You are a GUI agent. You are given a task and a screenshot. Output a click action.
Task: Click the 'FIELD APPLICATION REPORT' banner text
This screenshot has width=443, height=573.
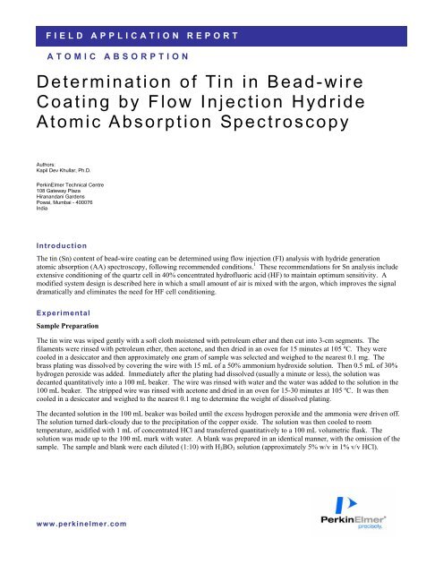click(x=142, y=37)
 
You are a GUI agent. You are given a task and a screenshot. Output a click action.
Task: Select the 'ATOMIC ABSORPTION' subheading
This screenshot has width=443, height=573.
click(x=116, y=56)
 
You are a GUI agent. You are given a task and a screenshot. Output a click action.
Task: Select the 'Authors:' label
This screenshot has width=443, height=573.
click(x=50, y=165)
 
